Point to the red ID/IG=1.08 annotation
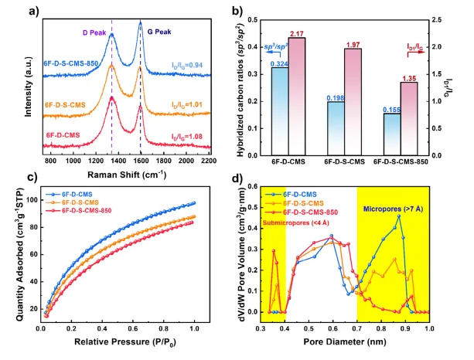point(190,137)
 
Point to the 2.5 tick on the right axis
point(456,16)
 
